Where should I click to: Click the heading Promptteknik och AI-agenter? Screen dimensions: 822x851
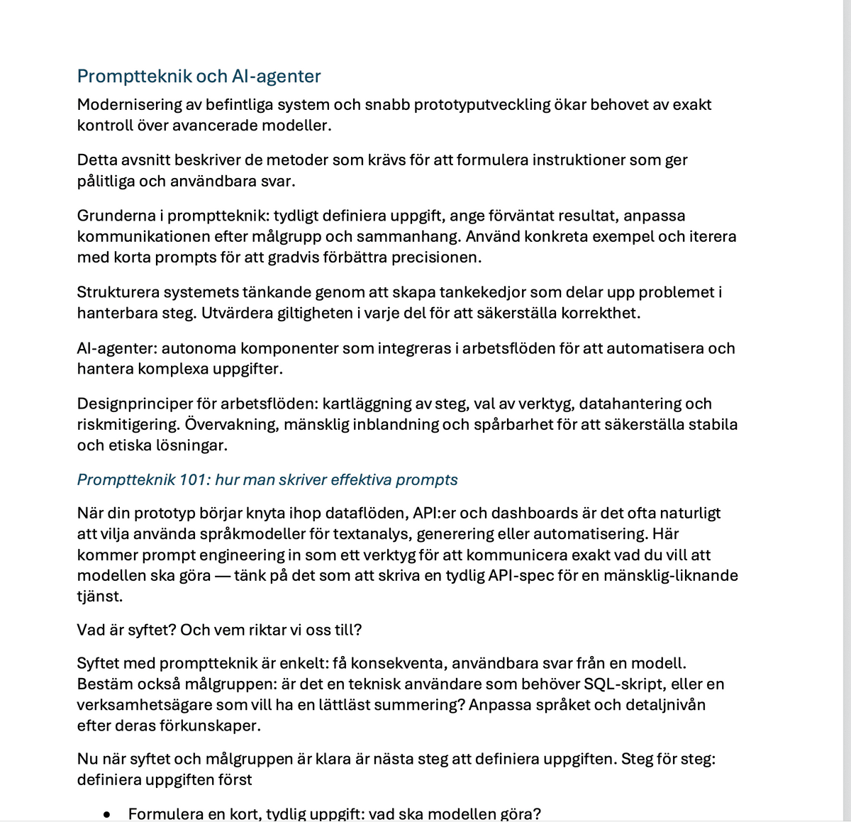(199, 77)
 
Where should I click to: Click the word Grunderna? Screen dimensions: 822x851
(120, 216)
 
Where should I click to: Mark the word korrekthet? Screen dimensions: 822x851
(602, 313)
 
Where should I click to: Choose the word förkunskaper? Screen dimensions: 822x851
(213, 726)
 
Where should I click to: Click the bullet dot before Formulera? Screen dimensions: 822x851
(107, 815)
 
